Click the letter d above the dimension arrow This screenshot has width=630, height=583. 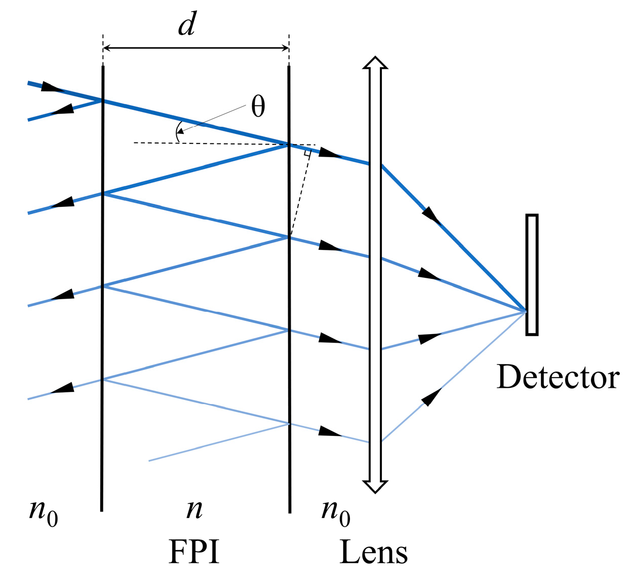[x=187, y=24]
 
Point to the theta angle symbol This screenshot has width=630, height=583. [x=258, y=107]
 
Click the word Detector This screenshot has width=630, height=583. [x=558, y=377]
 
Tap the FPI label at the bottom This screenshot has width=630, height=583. [x=194, y=552]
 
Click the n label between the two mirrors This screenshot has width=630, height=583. [x=194, y=509]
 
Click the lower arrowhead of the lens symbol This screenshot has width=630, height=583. [x=375, y=486]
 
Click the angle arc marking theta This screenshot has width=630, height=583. [x=177, y=132]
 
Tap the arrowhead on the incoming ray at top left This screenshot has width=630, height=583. [x=51, y=87]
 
